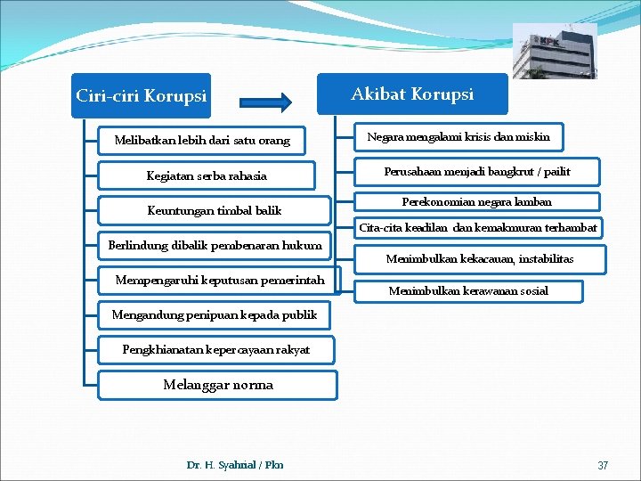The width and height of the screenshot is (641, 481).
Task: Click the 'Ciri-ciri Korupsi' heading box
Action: point(142,95)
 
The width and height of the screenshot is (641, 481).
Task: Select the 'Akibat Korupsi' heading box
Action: point(412,94)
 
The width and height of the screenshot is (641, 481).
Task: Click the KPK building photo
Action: point(555,51)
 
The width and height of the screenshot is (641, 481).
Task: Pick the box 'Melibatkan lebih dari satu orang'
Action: point(202,141)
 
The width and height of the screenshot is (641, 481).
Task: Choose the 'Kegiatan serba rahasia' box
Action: point(207,175)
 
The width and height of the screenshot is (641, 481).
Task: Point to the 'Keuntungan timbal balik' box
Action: point(214,210)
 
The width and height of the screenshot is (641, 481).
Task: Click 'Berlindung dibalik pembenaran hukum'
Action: point(214,245)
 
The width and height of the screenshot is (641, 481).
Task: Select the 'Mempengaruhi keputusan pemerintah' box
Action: point(220,281)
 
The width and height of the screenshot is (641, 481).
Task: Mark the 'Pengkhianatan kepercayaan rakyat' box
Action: point(216,350)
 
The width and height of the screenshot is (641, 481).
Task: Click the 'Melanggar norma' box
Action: point(218,385)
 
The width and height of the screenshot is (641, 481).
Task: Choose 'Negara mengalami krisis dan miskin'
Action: point(458,136)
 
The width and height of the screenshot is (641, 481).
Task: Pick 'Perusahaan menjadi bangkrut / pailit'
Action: point(477,171)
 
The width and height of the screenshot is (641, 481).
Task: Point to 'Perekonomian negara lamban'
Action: point(477,201)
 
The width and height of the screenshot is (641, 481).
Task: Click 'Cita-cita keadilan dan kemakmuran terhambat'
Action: point(478,227)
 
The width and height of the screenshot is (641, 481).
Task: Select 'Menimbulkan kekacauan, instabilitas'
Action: point(479,259)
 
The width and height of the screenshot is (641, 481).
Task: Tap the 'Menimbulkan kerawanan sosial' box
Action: point(468,290)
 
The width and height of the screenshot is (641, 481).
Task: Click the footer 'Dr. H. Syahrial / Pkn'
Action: point(235,465)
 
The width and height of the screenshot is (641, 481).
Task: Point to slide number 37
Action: point(603,466)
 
